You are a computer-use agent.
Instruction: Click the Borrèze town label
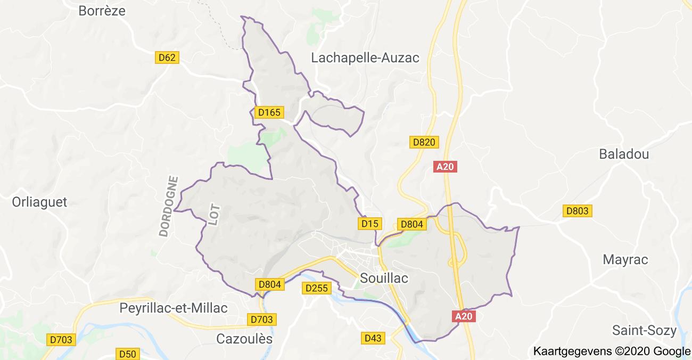pos(102,11)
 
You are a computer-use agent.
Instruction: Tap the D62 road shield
pos(167,58)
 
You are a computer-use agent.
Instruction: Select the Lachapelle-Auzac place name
pos(365,58)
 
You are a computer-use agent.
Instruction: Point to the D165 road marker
pos(268,112)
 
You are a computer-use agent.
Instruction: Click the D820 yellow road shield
pos(424,142)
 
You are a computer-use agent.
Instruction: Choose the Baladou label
pos(624,154)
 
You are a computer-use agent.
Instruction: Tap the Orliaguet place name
pos(40,202)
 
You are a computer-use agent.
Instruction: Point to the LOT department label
pos(214,214)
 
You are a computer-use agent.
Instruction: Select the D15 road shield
pos(369,224)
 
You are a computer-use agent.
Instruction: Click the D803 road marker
pos(577,211)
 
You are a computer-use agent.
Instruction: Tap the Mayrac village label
pos(625,260)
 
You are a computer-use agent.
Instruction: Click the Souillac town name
pos(384,278)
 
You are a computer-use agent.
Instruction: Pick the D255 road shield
pos(317,288)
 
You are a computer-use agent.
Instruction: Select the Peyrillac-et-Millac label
pos(174,308)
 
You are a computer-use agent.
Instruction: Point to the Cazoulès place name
pos(244,339)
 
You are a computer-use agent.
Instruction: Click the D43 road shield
pos(374,338)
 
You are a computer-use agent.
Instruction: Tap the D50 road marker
pos(128,354)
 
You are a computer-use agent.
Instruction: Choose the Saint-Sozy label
pos(644,330)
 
